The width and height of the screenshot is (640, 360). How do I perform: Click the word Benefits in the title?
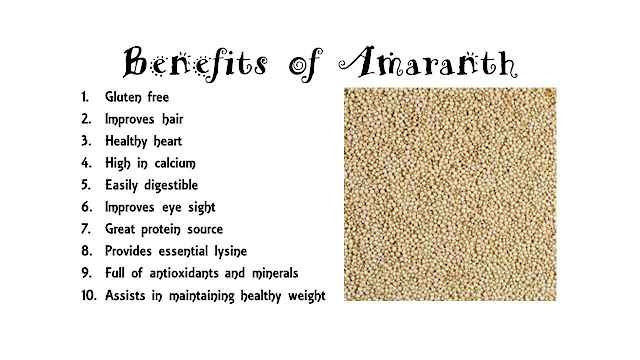[195, 63]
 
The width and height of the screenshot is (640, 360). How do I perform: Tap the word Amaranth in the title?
[428, 62]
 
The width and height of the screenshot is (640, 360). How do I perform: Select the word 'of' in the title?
[306, 64]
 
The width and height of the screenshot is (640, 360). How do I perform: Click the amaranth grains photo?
[450, 194]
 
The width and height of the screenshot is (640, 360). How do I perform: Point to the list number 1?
[84, 97]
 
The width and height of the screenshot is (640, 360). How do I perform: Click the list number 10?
[89, 295]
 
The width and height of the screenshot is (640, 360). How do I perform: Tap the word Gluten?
[123, 97]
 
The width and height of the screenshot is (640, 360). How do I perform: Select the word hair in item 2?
[173, 119]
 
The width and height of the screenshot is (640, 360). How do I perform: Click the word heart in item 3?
[168, 141]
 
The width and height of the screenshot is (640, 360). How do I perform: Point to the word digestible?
[171, 186]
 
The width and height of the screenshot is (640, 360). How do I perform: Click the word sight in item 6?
[202, 208]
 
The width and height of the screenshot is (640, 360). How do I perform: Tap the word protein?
[161, 229]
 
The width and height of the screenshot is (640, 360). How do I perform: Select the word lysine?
[231, 251]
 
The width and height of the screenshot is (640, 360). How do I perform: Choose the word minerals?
[276, 273]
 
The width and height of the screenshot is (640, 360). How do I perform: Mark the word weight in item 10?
[307, 296]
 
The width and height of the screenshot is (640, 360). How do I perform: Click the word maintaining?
[202, 296]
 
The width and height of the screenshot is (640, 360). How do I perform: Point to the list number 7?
[86, 229]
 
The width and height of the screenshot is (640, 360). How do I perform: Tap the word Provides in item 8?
[128, 251]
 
